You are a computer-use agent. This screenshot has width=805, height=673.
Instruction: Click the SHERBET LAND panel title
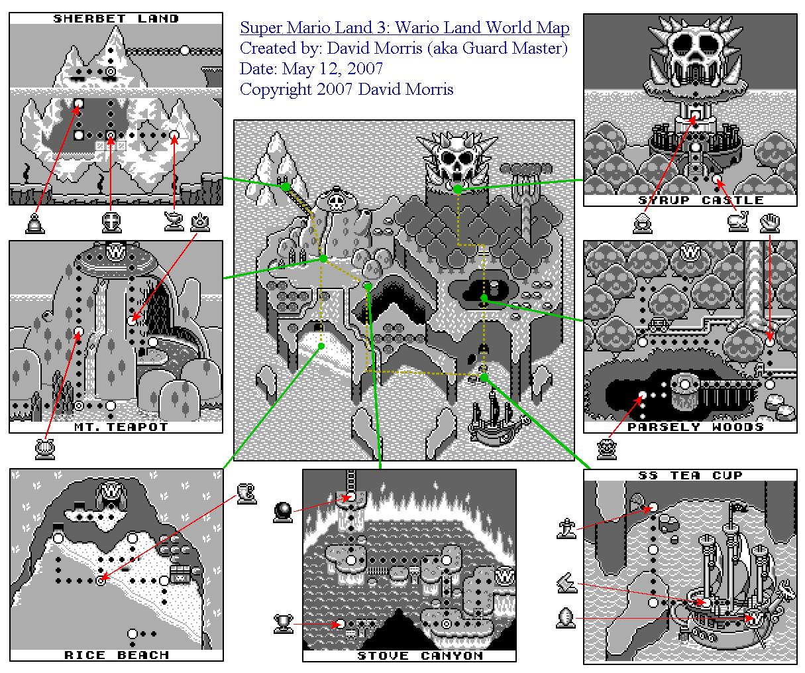coord(116,19)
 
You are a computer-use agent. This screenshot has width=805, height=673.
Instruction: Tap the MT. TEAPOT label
coord(121,427)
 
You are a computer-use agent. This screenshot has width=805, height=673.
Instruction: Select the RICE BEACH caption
coord(117,655)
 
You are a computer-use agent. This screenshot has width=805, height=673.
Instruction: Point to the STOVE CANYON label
coord(420,656)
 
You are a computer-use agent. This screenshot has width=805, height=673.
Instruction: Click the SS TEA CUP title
coord(690,475)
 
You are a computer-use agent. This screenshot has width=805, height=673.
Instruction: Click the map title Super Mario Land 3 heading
coord(404,27)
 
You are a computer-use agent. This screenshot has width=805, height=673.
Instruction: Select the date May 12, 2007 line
coord(311,69)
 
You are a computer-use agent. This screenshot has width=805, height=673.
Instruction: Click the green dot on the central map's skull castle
coord(458,189)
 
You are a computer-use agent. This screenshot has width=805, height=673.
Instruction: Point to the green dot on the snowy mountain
coord(286,187)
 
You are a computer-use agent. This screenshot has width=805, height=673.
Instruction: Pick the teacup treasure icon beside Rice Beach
coord(246,494)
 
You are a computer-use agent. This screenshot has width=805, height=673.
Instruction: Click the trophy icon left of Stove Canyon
coord(284,624)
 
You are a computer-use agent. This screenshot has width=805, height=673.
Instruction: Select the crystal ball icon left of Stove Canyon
coord(283,513)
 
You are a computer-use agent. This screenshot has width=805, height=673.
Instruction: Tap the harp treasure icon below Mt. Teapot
coord(45,449)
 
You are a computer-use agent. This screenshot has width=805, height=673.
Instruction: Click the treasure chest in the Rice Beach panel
coord(180,574)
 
